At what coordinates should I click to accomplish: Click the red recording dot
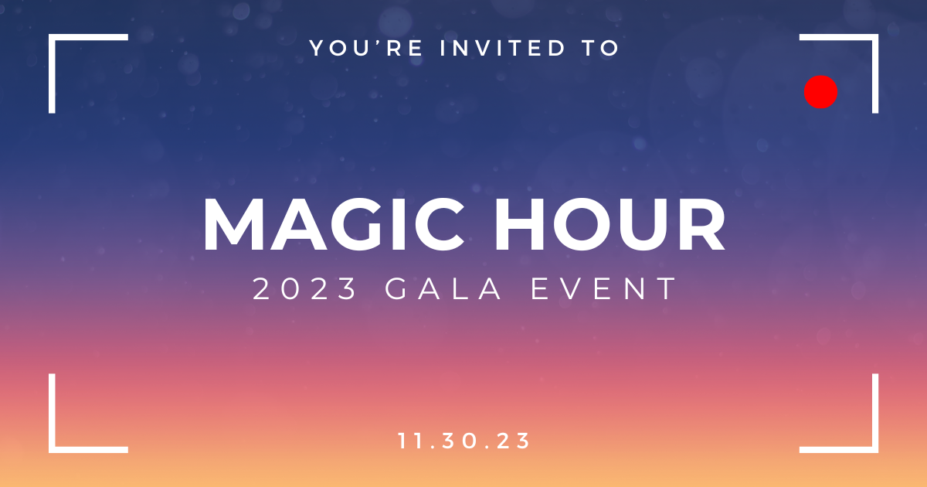pyautogui.click(x=821, y=91)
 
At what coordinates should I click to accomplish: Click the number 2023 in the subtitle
pyautogui.click(x=305, y=289)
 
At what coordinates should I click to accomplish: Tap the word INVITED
pyautogui.click(x=502, y=48)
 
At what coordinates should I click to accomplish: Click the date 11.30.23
pyautogui.click(x=464, y=441)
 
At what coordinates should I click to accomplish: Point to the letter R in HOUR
pyautogui.click(x=698, y=225)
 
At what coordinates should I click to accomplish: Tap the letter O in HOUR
pyautogui.click(x=576, y=225)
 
